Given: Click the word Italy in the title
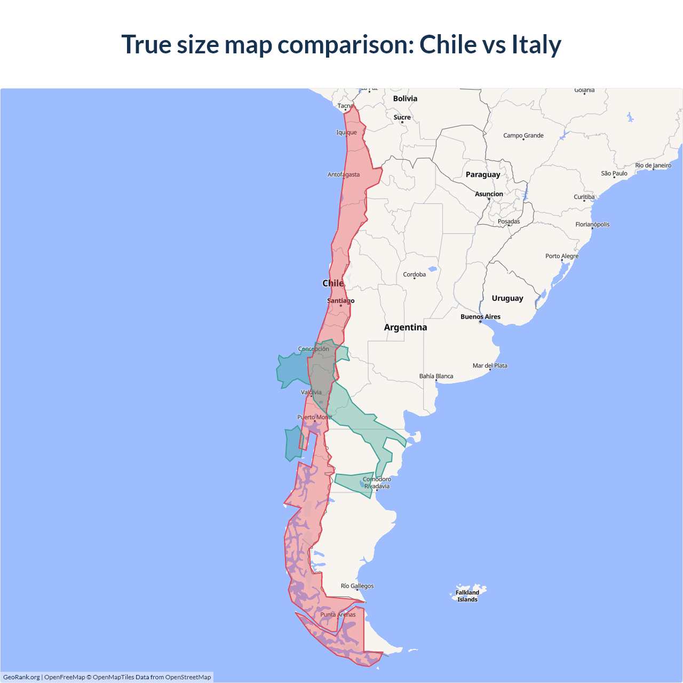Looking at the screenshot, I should (x=536, y=44).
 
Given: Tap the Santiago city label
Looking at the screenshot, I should (x=340, y=300).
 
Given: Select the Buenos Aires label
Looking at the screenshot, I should (x=480, y=316).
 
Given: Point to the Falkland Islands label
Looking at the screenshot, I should (x=467, y=595).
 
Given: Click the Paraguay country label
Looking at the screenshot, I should (x=483, y=174).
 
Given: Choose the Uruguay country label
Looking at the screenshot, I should (x=507, y=298).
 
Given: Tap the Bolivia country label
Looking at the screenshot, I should (x=405, y=99).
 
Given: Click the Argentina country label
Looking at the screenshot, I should (x=406, y=327).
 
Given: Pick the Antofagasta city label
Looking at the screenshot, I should (x=344, y=174).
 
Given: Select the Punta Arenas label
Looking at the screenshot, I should (x=338, y=615).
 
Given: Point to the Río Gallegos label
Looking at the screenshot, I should (x=358, y=586).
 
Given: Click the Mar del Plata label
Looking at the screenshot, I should (x=490, y=366).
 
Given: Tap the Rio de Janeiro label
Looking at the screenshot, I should (x=653, y=165).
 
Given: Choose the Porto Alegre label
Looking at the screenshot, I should (x=562, y=256).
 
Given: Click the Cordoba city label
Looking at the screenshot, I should (x=415, y=274).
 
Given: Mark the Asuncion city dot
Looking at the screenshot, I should (x=489, y=199).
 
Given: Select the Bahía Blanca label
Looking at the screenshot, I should (x=436, y=376).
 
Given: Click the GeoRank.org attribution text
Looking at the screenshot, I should (x=21, y=677).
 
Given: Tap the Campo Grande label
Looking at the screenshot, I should (x=523, y=136).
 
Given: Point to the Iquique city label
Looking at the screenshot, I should (x=346, y=132).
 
